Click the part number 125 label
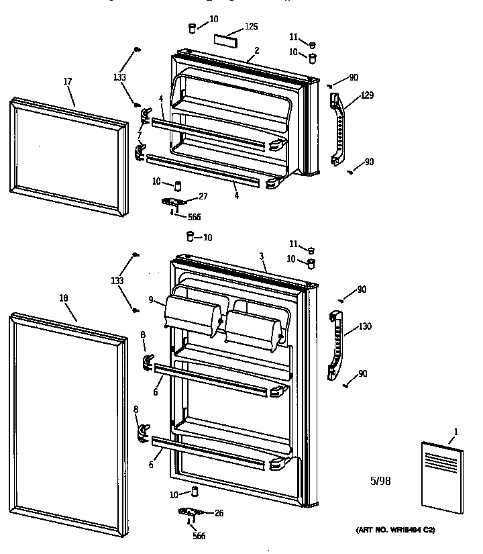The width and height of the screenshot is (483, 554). (x=251, y=27)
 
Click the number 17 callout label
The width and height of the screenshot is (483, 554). (x=68, y=82)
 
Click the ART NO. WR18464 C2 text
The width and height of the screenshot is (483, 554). (x=395, y=530)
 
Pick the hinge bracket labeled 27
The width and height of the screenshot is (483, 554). (x=172, y=201)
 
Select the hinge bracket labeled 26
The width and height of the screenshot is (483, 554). (x=190, y=513)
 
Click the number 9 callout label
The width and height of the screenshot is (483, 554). (x=152, y=299)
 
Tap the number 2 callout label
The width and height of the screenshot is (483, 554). (x=256, y=50)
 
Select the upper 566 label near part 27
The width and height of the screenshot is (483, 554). (x=194, y=217)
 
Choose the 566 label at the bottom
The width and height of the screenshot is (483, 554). (x=199, y=535)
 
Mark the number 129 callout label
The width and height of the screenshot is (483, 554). (x=367, y=95)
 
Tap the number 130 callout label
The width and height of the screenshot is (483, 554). (x=365, y=326)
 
